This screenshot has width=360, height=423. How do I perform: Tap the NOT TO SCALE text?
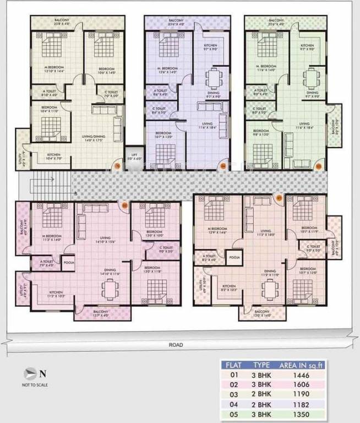pos(35,385)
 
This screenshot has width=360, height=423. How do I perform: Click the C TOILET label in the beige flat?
pos(105,94)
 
